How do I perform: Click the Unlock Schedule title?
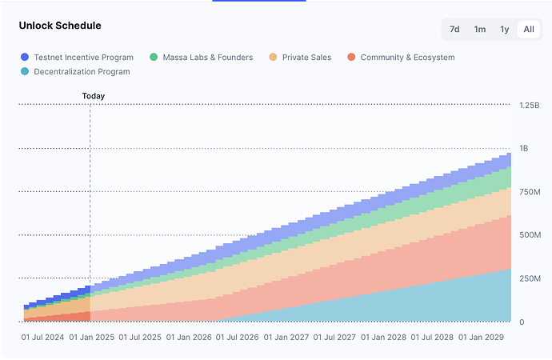pos(60,26)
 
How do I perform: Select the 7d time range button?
pos(454,30)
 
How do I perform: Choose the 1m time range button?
pos(480,30)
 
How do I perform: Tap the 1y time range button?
pos(505,30)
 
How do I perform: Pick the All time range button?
pos(529,30)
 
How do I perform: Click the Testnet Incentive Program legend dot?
pos(25,58)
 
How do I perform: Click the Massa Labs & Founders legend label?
pos(207,58)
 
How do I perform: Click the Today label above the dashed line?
pos(94,96)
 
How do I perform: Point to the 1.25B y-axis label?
pos(530,105)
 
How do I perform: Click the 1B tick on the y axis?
pos(525,148)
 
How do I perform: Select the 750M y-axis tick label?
pos(530,191)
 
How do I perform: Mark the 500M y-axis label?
pos(530,235)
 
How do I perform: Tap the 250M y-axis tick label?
pos(530,278)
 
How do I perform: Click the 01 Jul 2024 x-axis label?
pos(43,337)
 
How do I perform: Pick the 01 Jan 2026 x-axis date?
pos(190,337)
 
